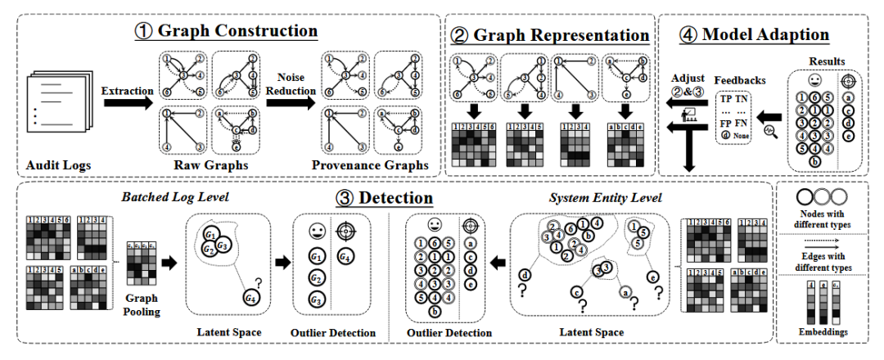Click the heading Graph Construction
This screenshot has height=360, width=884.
pos(237,32)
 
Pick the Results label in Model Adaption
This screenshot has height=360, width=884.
pos(827,61)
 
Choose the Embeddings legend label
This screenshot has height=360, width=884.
pos(824,333)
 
